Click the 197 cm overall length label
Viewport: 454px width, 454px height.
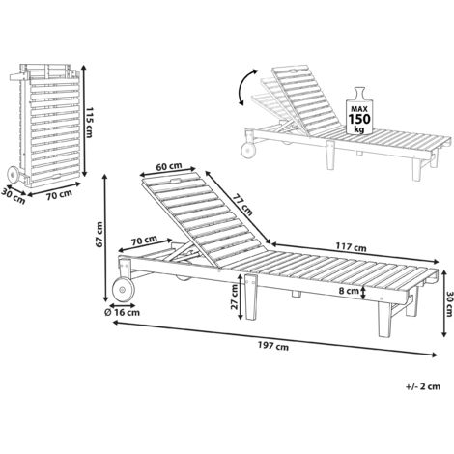point(273,346)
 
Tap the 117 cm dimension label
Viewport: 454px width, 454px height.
point(352,247)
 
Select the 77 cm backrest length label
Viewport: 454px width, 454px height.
point(242,205)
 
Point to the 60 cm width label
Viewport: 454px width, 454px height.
point(169,166)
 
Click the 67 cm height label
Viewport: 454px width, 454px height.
point(99,235)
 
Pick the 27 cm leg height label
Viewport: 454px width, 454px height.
point(234,298)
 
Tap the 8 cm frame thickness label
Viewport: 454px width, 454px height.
point(349,291)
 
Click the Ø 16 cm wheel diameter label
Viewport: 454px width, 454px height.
point(122,312)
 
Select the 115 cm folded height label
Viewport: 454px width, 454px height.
point(89,123)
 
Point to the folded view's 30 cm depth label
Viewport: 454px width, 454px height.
point(13,196)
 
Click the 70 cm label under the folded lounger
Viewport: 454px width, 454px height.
point(59,195)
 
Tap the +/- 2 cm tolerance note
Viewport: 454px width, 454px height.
point(423,386)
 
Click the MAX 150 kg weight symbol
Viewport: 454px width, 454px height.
point(359,111)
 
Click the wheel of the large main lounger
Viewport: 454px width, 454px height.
point(123,290)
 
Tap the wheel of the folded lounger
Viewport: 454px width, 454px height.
point(14,175)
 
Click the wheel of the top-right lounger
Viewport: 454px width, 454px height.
point(248,151)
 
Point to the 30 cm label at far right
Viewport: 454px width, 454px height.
point(449,303)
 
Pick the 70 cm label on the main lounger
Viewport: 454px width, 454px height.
point(144,240)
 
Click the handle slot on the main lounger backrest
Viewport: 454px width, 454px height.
point(176,180)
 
